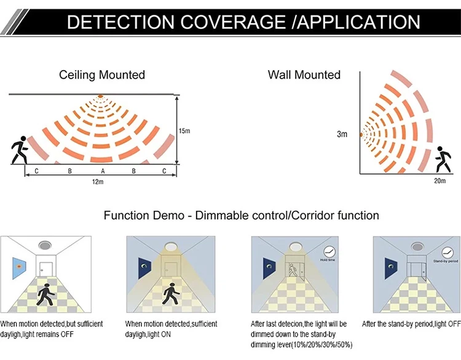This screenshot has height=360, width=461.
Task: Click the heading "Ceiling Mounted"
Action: point(102,75)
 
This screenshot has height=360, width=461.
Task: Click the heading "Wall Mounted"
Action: point(304,75)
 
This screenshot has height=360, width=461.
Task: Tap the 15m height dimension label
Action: point(184,131)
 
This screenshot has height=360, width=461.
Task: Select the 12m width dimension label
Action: point(98,182)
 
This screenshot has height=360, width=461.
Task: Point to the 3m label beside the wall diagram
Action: point(342,134)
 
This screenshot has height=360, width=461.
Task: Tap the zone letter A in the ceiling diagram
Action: point(103,170)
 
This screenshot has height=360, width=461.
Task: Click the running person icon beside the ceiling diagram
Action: point(18,152)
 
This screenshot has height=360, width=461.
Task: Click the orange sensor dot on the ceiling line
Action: point(100,96)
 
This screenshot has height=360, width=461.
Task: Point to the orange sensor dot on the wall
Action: point(361,133)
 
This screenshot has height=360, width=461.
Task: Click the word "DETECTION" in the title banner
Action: point(117,23)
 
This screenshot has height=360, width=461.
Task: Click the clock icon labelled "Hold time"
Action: point(330,251)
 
